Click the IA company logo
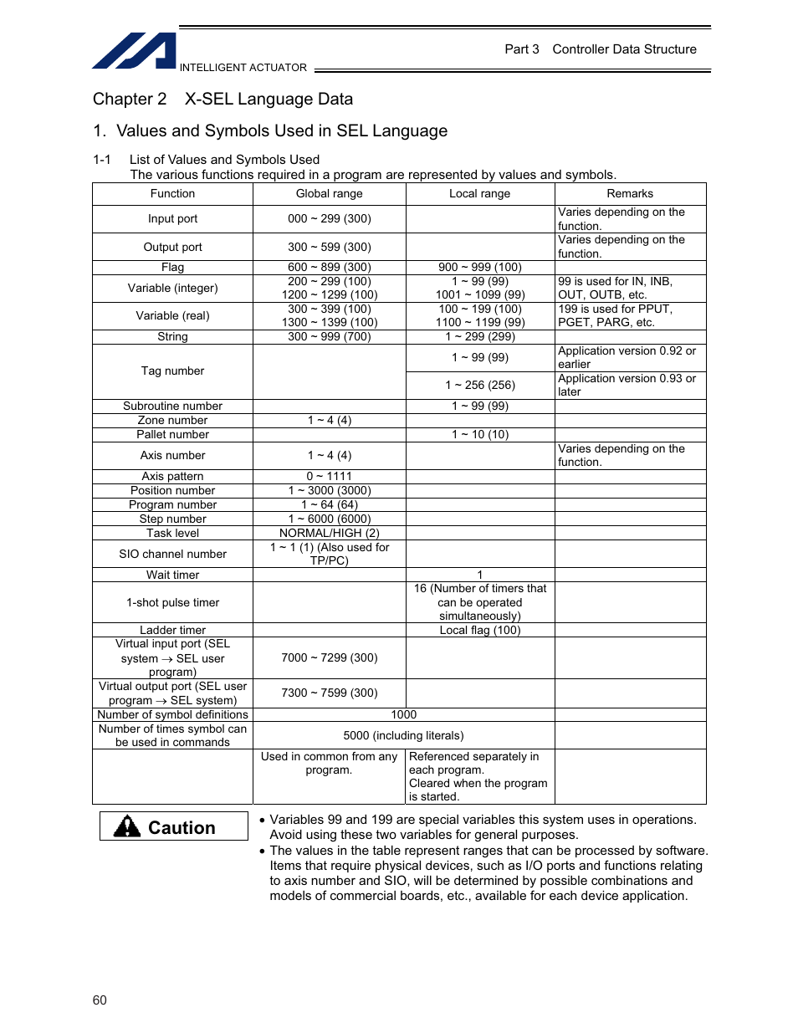pos(134,51)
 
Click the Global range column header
pos(330,193)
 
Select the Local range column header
pos(479,193)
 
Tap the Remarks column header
pos(630,193)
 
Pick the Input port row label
pos(172,218)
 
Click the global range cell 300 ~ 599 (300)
pos(330,247)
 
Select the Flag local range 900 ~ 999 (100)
pos(479,267)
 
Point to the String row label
pos(172,336)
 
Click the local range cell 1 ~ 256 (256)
pos(479,385)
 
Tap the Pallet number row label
pos(172,434)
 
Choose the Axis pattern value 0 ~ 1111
pos(330,476)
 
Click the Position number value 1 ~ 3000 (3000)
pos(330,490)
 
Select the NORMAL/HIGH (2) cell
pos(330,533)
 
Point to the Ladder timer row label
pos(172,630)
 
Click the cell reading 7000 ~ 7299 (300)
pos(330,657)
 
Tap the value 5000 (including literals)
pos(403,735)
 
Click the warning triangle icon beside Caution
pos(127,826)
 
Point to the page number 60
pos(100,1000)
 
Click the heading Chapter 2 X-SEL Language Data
pos(223,99)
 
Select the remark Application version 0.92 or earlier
pos(627,357)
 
